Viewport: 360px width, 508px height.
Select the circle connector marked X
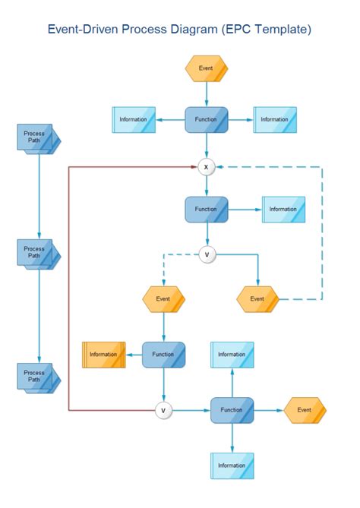(207, 167)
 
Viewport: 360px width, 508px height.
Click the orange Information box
(103, 355)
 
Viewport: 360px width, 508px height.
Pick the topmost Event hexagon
(206, 68)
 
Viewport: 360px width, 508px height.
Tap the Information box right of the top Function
(274, 119)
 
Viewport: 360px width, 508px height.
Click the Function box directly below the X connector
(207, 210)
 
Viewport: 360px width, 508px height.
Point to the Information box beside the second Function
(283, 210)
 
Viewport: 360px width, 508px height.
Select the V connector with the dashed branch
(207, 254)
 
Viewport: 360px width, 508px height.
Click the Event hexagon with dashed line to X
(257, 299)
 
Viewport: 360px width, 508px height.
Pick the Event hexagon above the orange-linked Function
(163, 299)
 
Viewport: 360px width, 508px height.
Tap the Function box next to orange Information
(163, 355)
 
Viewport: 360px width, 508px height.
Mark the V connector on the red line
(163, 410)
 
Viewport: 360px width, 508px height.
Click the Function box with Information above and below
(232, 410)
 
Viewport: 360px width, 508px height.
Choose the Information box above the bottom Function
(232, 355)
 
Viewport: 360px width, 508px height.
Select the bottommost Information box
(232, 465)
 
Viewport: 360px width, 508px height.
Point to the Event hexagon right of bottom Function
(305, 410)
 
